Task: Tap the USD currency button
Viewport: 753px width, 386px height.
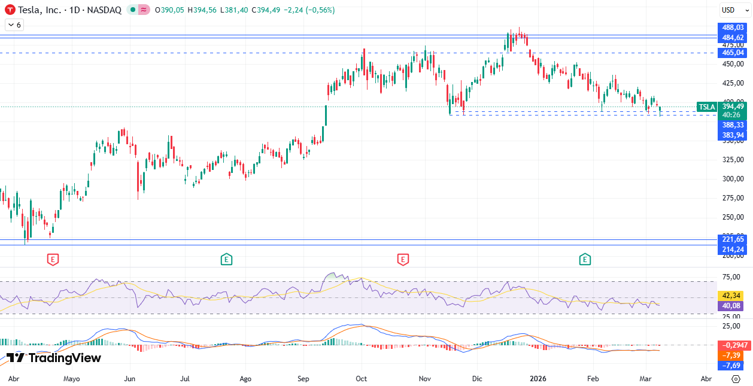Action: point(728,10)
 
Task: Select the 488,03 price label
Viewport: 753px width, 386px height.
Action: point(733,28)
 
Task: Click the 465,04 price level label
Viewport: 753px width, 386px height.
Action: point(733,53)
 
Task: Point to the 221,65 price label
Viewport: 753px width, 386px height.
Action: point(733,239)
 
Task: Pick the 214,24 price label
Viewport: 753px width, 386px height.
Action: point(733,249)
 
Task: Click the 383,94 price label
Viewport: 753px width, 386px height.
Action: point(733,135)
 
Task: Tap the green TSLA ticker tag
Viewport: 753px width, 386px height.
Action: point(706,107)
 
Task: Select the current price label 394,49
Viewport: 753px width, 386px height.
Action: point(733,107)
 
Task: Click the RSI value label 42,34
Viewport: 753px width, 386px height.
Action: point(733,296)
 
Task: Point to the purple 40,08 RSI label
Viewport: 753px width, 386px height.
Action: point(733,305)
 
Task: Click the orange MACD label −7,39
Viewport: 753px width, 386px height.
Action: point(733,355)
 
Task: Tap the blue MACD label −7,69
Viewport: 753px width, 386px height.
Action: point(733,365)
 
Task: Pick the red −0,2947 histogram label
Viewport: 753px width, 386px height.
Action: point(733,345)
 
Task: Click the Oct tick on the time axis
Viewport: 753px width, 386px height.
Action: point(361,379)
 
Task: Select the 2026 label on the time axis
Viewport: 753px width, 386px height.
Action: point(538,379)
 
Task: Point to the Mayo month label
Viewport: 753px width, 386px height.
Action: point(71,379)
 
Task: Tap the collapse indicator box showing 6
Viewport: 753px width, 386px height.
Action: point(14,25)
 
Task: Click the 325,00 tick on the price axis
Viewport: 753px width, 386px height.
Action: point(733,160)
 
